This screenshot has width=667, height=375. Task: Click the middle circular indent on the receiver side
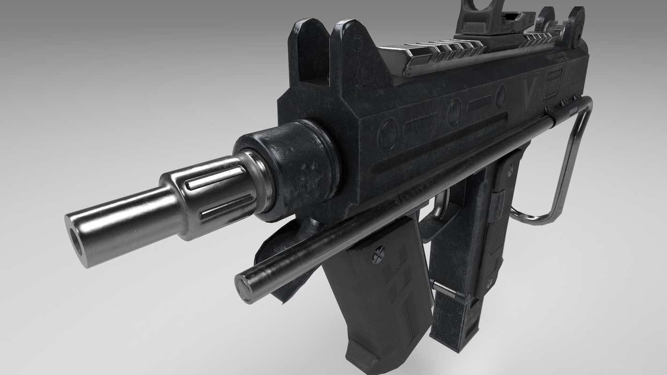click(454, 112)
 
